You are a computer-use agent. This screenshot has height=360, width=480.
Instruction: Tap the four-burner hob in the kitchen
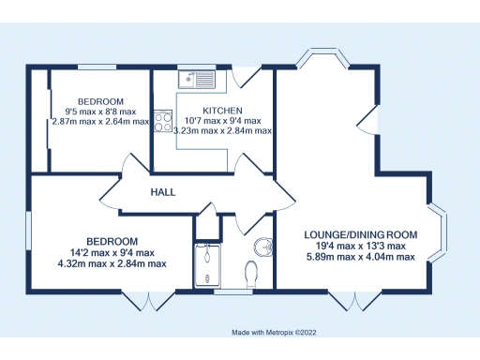pos(162,121)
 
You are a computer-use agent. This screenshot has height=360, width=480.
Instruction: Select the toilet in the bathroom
pos(250,274)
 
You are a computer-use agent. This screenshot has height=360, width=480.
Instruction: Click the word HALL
pos(163,192)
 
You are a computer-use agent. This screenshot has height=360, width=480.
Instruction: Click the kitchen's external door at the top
pos(243,74)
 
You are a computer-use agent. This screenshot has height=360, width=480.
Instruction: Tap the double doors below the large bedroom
pos(148,300)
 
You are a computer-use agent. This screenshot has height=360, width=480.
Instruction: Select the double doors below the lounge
pos(357,300)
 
